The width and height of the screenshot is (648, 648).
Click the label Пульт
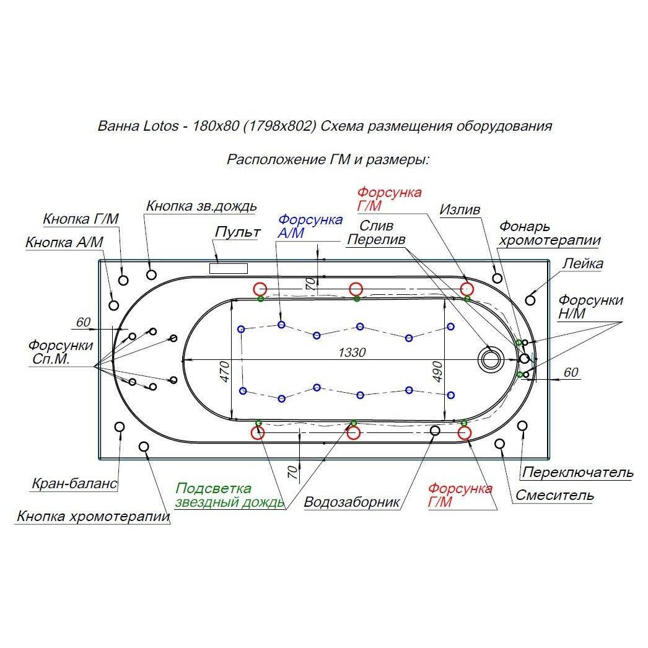coord(237,232)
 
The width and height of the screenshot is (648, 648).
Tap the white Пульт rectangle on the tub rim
coord(228,268)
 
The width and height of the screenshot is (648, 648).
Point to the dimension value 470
coord(224,371)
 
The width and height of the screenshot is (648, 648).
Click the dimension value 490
coord(437,371)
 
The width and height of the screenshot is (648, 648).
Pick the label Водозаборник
coord(351,501)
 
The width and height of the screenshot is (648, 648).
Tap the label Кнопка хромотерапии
coord(94,516)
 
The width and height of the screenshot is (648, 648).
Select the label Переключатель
coord(578,473)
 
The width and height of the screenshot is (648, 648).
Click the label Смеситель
coord(554,495)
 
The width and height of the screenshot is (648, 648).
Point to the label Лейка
coord(582,264)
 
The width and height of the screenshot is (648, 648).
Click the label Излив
coord(460,210)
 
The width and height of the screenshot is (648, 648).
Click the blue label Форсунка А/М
coord(310,226)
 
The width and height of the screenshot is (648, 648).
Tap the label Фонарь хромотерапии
coord(549,234)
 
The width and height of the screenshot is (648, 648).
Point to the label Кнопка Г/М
coord(81,219)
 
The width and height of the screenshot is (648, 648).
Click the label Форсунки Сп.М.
coord(61,352)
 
